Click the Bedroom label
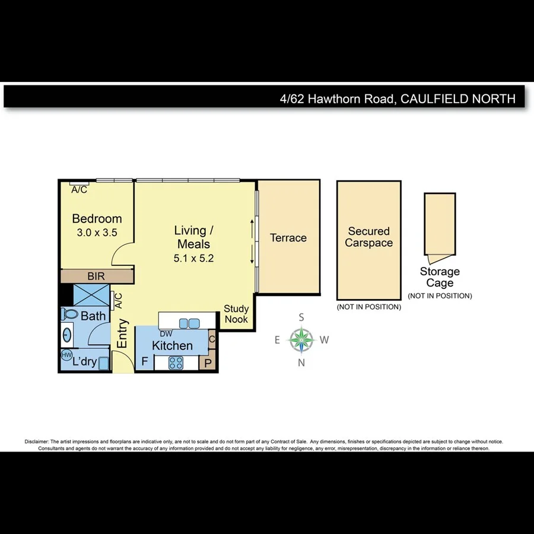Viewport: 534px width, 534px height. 97,219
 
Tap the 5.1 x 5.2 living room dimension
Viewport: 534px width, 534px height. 193,258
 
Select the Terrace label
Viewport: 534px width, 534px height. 288,238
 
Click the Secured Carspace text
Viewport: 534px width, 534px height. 368,237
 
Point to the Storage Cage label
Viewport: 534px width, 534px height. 440,277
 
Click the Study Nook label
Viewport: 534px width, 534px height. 236,314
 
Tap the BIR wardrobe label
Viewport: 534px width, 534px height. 96,276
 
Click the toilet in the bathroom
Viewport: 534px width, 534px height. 69,314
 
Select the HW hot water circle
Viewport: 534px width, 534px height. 66,355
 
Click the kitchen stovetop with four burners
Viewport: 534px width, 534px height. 176,362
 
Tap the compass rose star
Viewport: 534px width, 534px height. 301,340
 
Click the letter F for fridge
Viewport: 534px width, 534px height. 144,361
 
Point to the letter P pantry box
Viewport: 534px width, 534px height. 208,363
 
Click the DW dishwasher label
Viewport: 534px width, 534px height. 166,334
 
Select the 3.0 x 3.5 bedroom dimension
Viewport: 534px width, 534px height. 97,233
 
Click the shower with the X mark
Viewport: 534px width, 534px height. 91,295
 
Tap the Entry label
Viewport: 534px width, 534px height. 122,333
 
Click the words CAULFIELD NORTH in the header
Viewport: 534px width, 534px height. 458,98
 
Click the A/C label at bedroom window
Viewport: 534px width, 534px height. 79,190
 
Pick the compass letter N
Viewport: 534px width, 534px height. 301,363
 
